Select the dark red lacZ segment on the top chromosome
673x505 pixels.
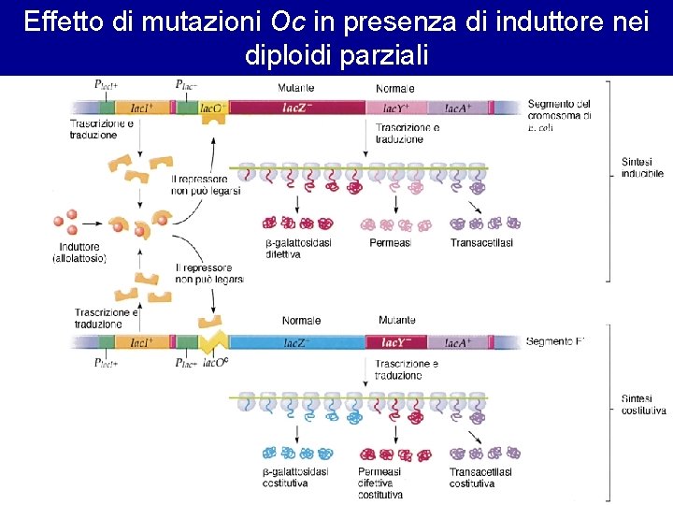[x=296, y=108]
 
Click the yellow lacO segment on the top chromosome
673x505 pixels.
[x=214, y=108]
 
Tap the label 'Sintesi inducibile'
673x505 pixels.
[x=642, y=167]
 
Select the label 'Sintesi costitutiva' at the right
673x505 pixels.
[x=643, y=404]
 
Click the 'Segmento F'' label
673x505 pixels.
[x=555, y=341]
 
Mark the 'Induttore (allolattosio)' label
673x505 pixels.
[x=79, y=252]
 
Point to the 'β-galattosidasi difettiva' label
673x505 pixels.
[x=298, y=249]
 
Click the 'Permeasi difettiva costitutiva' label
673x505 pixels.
[x=379, y=483]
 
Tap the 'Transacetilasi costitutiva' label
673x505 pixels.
[x=480, y=478]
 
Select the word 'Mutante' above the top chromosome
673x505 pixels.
[x=295, y=88]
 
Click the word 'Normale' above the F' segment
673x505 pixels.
[x=301, y=321]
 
